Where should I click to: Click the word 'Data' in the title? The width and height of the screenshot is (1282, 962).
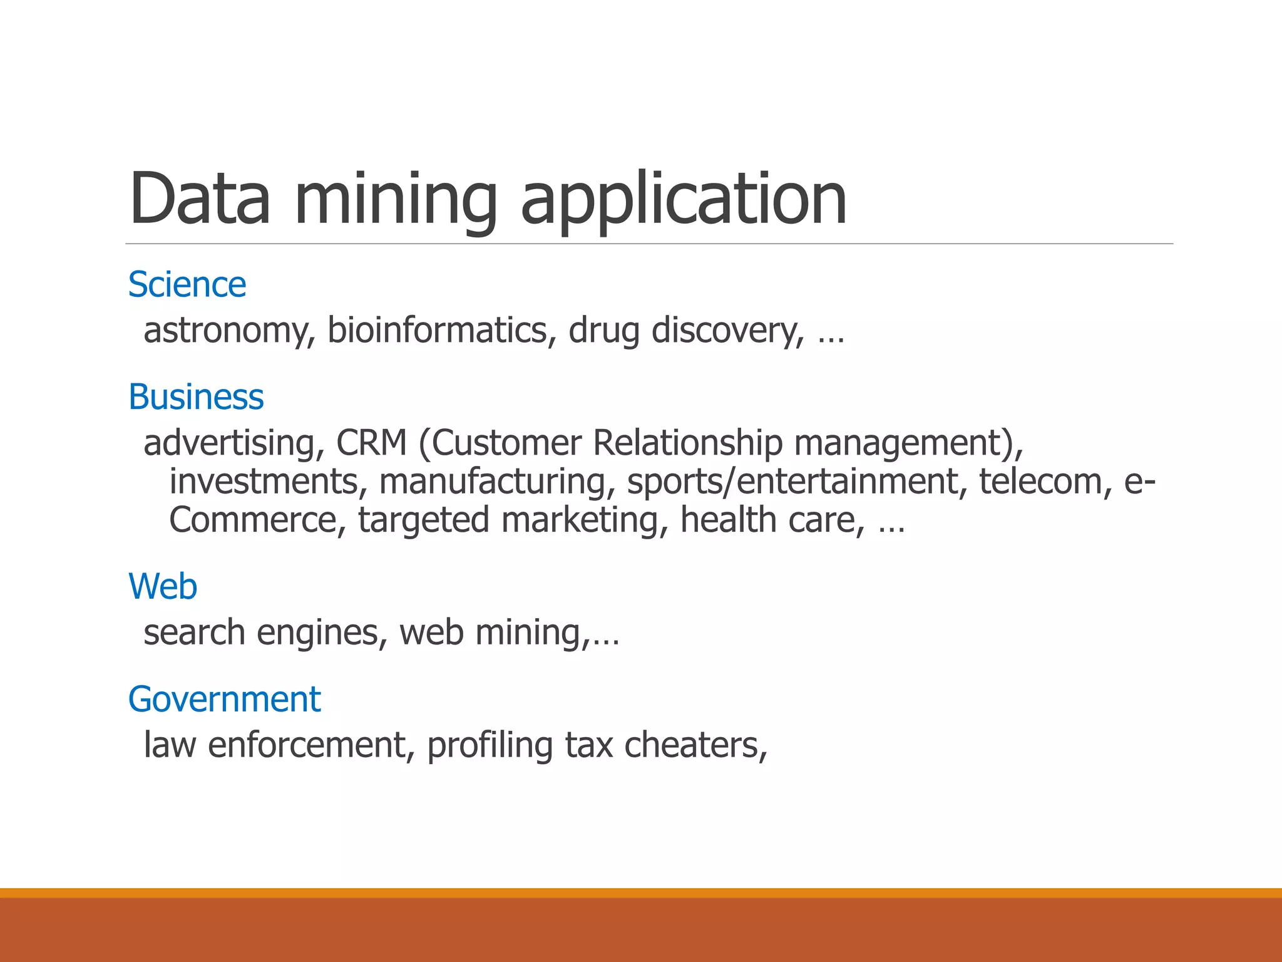coord(200,199)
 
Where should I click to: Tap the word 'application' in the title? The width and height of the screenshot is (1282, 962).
coord(684,199)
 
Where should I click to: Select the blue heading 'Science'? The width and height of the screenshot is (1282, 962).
coord(187,285)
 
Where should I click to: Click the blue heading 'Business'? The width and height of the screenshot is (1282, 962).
coord(196,397)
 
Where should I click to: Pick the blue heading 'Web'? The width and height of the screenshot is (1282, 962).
coord(163,587)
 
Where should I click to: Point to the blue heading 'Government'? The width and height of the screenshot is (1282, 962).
coord(224,700)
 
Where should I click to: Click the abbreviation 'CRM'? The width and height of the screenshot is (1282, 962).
coord(371,443)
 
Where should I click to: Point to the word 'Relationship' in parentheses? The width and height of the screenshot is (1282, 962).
coord(687,443)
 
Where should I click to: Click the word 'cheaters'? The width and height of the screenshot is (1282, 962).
coord(695,745)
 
